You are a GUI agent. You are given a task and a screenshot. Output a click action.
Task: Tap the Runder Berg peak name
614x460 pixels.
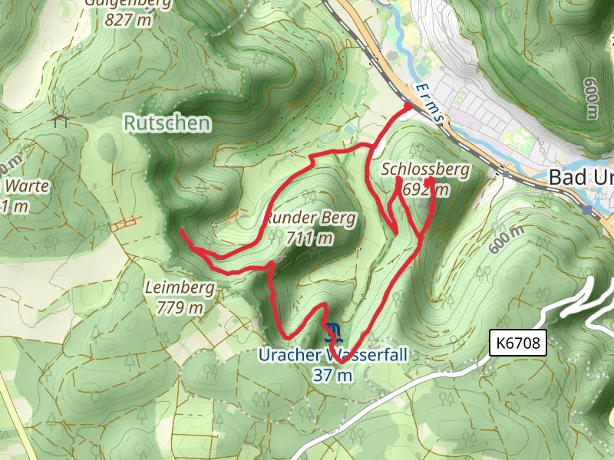[x=310, y=219]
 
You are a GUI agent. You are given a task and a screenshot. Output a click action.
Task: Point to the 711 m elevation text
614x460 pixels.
[x=310, y=238]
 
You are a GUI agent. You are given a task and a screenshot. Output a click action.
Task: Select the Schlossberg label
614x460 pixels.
[x=424, y=169]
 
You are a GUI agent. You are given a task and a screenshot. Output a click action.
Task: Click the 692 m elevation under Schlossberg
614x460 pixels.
[x=424, y=189]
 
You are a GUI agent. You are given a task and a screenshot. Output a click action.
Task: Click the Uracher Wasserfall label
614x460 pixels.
[x=332, y=356]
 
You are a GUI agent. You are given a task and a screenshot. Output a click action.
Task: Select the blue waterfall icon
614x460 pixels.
[x=332, y=333]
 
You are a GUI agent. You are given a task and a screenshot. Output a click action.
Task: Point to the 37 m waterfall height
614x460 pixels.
[x=332, y=375]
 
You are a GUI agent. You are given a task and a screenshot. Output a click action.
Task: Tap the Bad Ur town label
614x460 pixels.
[x=581, y=177]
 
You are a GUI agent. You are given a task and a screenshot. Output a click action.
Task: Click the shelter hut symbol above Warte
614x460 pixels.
[x=61, y=118]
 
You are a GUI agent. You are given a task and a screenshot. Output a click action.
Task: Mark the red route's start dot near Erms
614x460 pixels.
[x=407, y=107]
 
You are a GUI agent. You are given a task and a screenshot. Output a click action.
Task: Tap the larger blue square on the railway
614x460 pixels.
[x=587, y=209]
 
